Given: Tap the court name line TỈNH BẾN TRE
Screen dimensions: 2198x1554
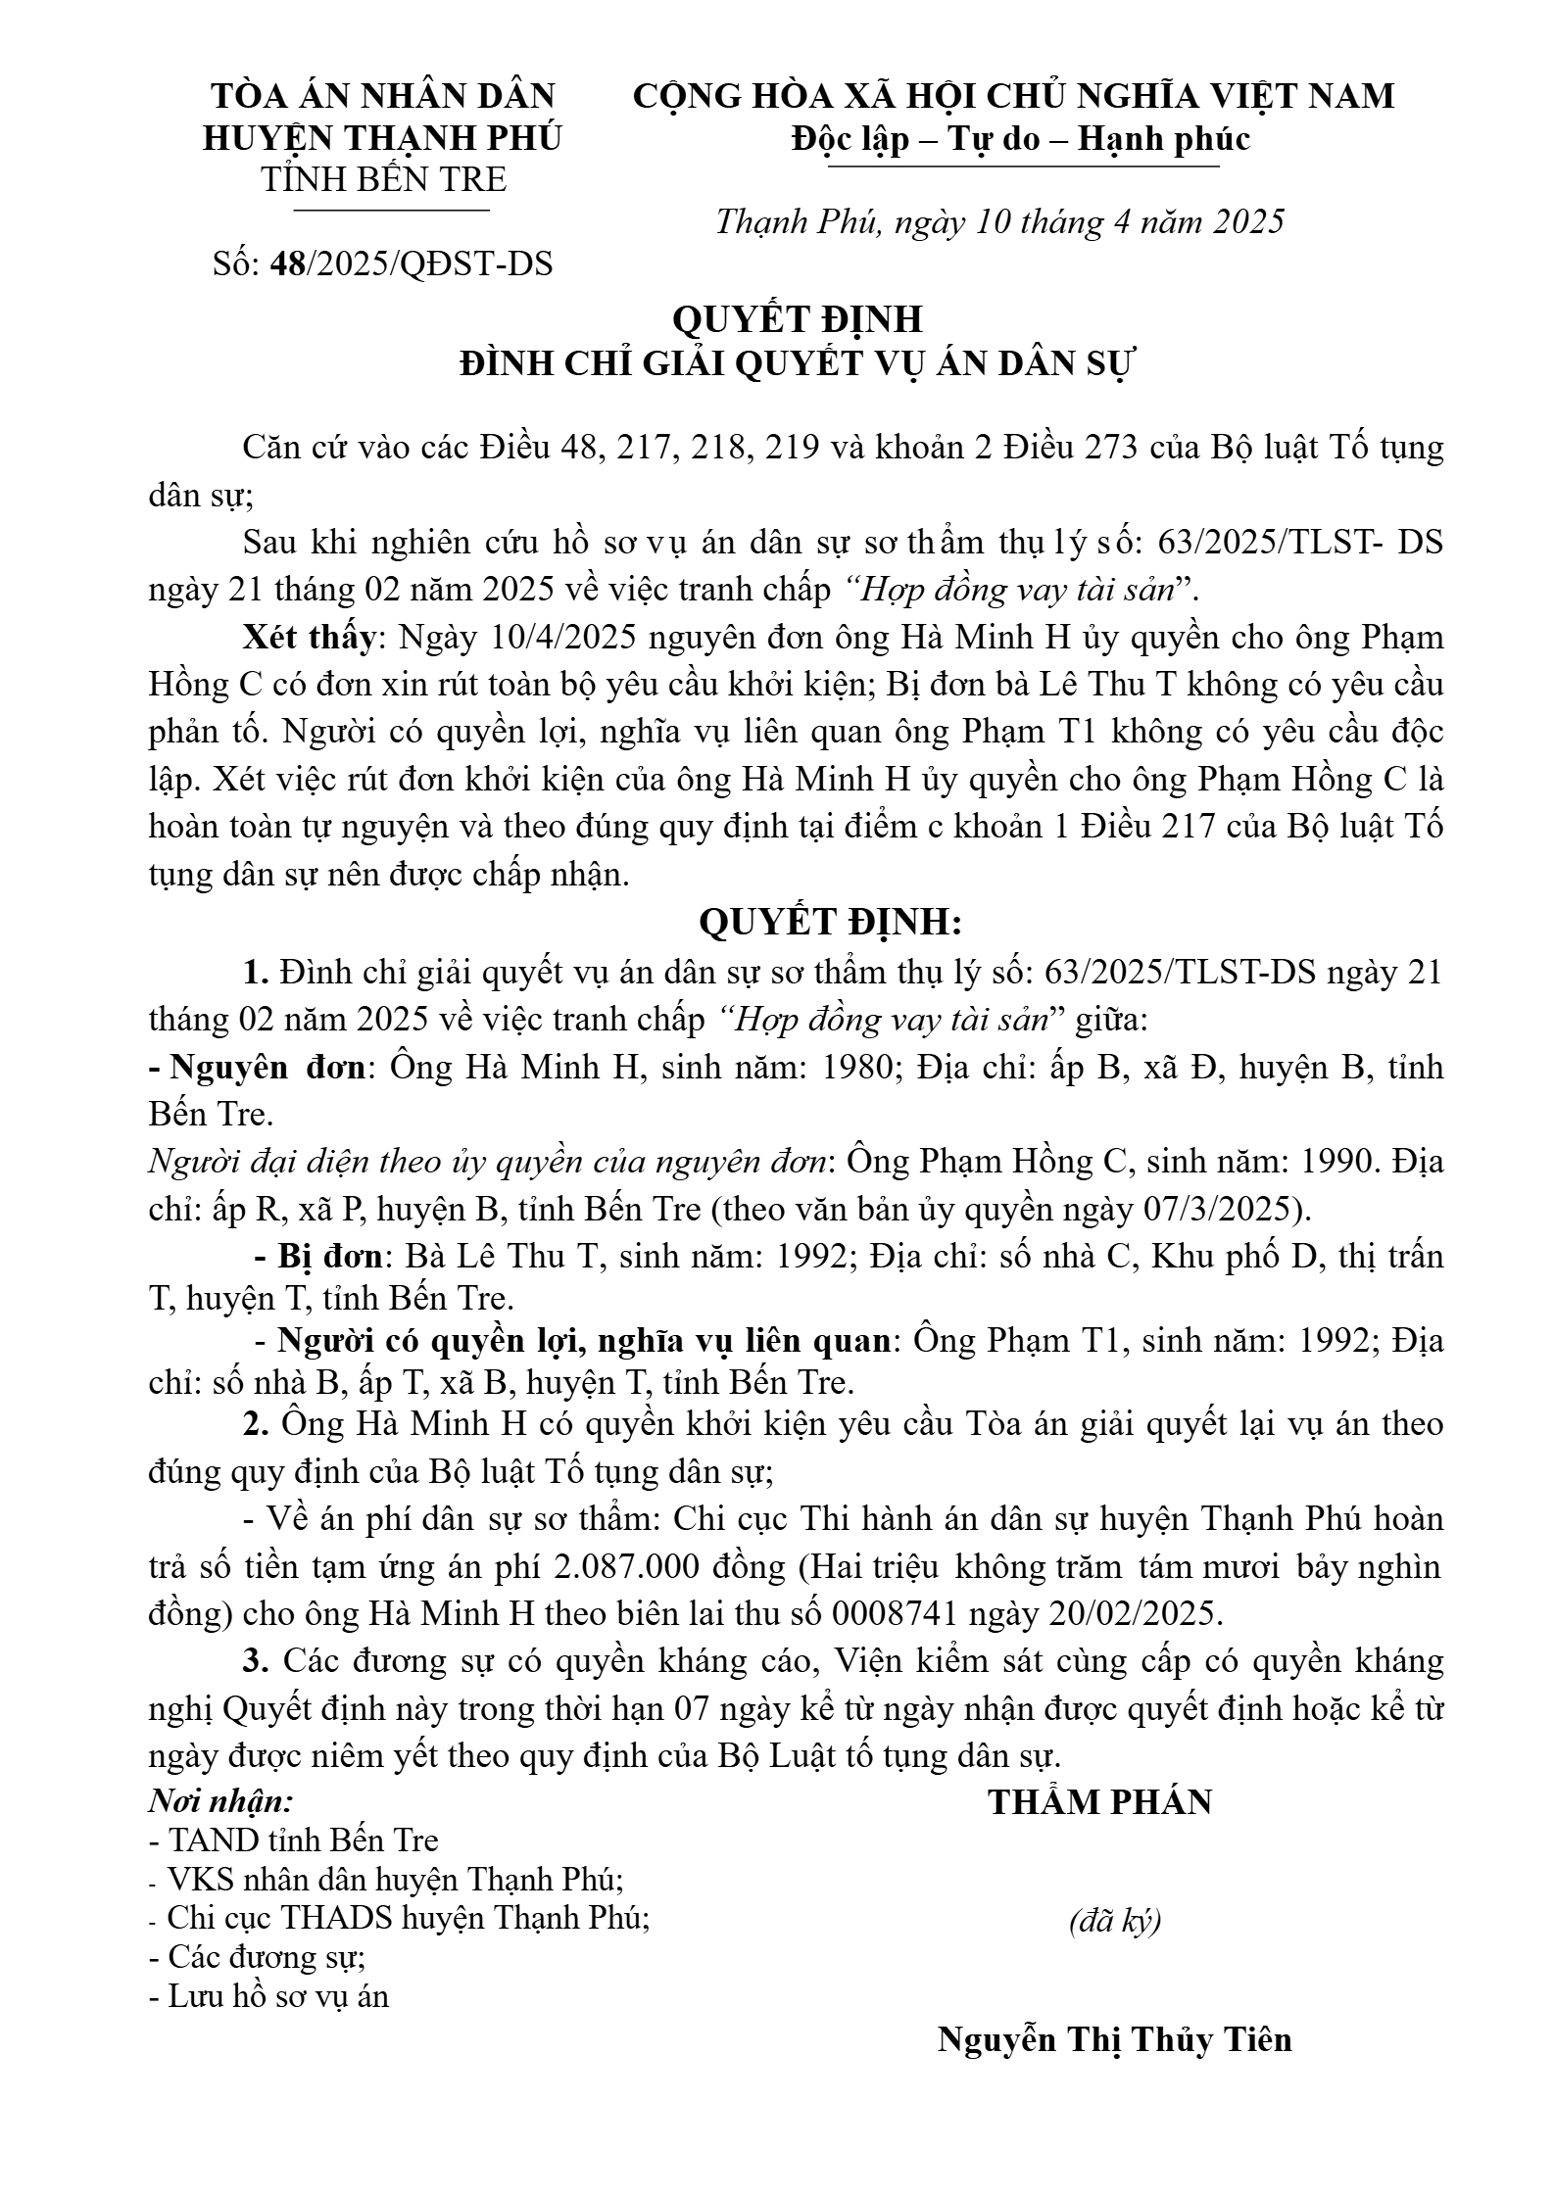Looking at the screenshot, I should (383, 180).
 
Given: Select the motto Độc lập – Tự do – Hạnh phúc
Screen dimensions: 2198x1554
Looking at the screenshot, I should (1021, 139).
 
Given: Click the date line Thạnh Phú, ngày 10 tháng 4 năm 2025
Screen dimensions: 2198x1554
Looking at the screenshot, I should (999, 222).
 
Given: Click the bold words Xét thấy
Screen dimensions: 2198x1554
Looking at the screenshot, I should (309, 638).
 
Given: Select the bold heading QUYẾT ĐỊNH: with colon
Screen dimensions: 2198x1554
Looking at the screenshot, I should (830, 923).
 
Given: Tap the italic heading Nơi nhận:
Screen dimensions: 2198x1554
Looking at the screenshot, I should (221, 1801).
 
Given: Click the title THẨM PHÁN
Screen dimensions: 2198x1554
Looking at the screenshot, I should (1099, 1802).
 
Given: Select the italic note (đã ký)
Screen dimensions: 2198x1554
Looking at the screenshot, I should (1115, 1922).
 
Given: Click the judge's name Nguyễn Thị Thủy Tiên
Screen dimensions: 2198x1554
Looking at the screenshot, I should (1115, 2038).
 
